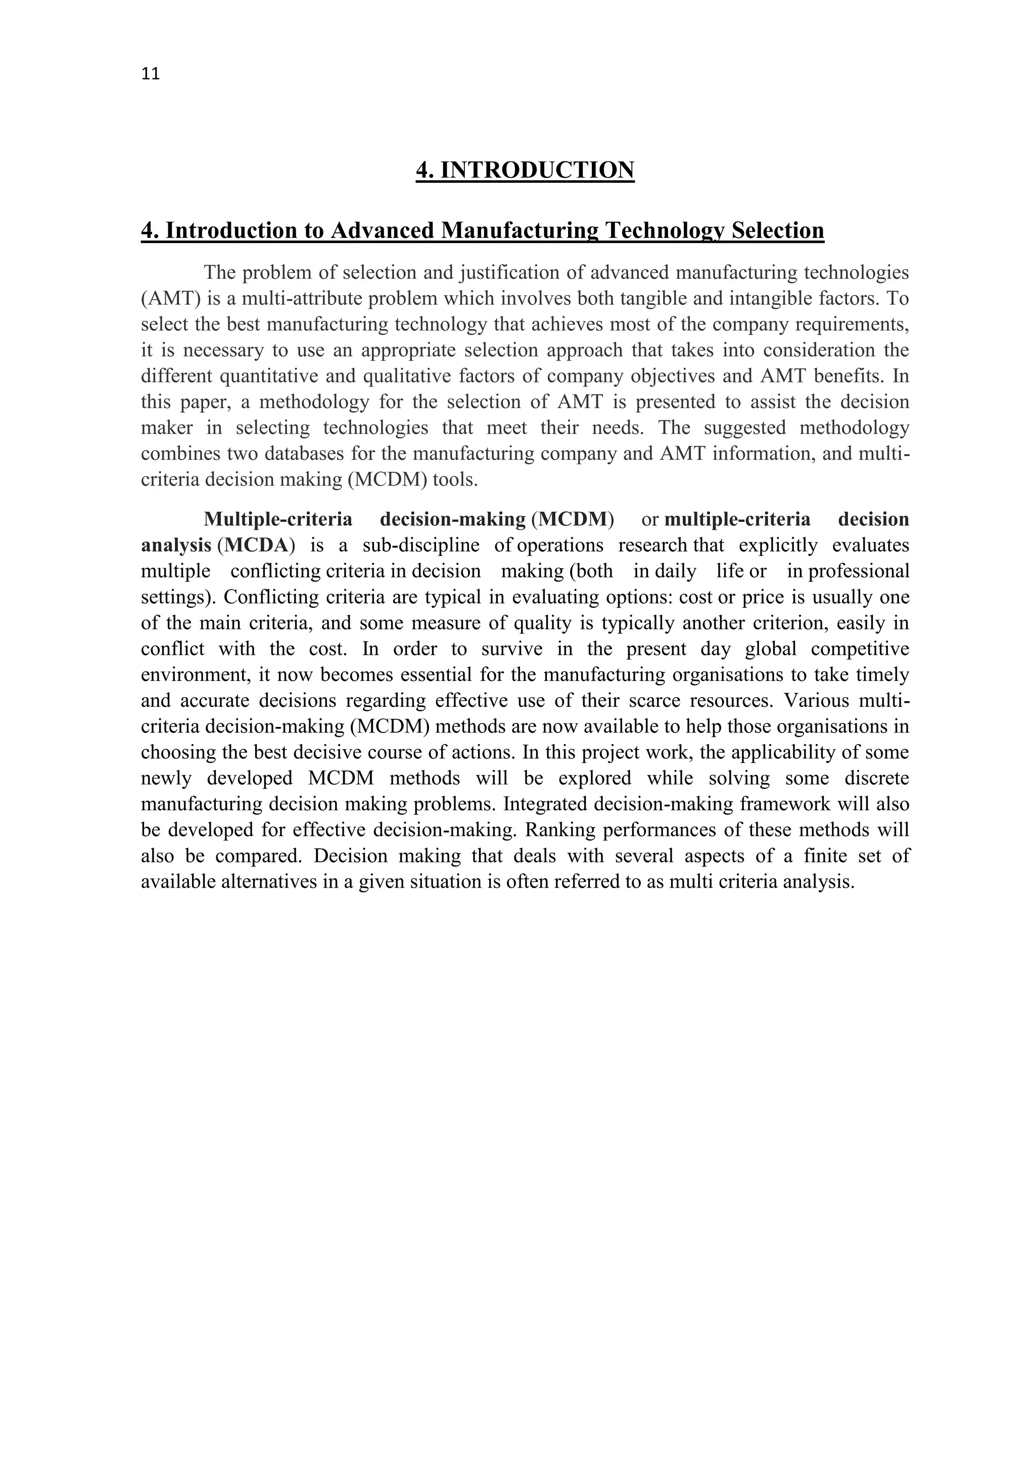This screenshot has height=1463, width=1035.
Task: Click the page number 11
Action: (x=151, y=74)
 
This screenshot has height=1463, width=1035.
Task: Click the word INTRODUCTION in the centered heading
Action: (x=537, y=170)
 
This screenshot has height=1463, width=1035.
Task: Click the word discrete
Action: (x=877, y=778)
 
